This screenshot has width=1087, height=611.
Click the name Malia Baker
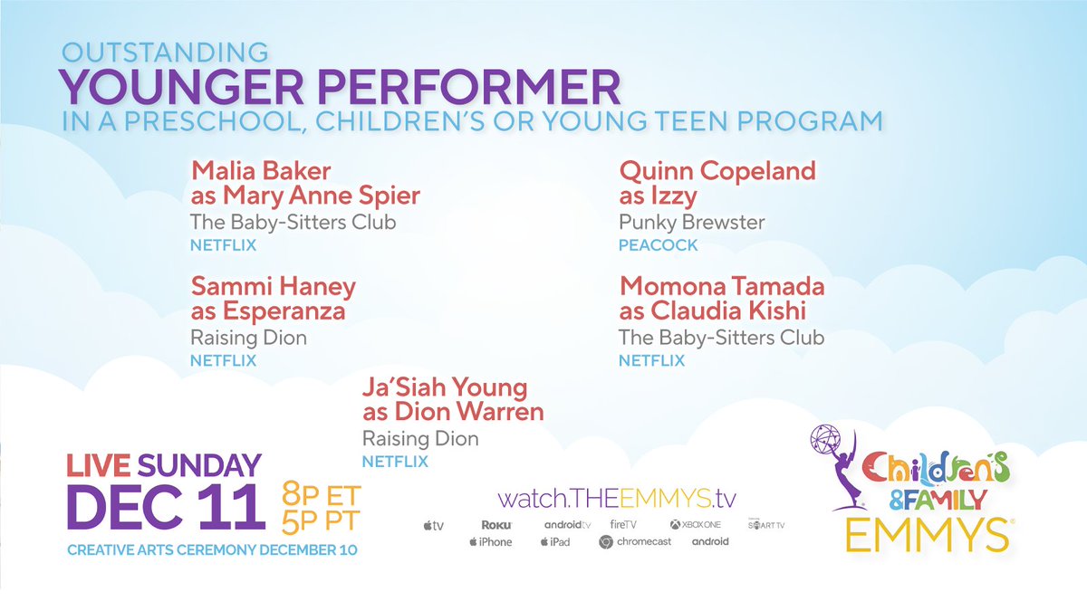coord(261,170)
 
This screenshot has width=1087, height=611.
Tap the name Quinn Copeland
coord(717,170)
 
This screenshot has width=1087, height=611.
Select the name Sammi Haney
coord(274,287)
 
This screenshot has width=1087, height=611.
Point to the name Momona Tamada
coord(722,287)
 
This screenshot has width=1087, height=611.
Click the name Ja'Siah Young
coord(445,388)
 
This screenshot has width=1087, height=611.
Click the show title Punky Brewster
coord(692,222)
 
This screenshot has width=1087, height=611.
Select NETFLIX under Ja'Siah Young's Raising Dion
coord(396,462)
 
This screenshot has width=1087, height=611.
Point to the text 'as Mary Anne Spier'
coord(305,196)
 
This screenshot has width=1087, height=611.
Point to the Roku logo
coord(497,524)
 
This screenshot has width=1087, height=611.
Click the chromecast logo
coord(635,541)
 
